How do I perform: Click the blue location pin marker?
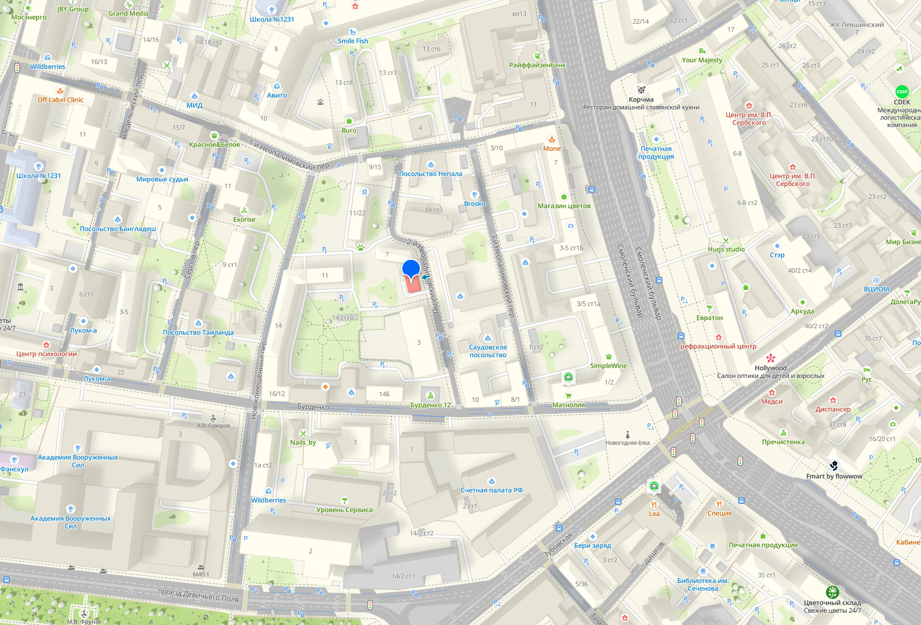(410, 269)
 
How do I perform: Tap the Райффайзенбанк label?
(537, 65)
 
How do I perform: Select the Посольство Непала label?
(430, 174)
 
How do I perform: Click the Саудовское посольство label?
(488, 351)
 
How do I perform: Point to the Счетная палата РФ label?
(491, 490)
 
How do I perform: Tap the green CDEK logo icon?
(902, 92)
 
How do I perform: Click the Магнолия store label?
(569, 405)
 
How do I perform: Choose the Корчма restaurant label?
(641, 100)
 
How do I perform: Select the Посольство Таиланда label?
(198, 333)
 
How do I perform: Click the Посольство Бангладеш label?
(118, 229)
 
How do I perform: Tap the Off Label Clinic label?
(60, 100)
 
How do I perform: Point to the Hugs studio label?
(726, 249)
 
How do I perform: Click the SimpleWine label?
(608, 366)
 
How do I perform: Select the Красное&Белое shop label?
(214, 145)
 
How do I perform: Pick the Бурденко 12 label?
(430, 405)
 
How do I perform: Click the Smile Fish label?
(352, 41)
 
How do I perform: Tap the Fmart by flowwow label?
(834, 476)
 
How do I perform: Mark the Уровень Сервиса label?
(344, 510)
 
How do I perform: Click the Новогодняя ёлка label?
(627, 443)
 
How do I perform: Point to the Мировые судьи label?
(162, 179)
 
